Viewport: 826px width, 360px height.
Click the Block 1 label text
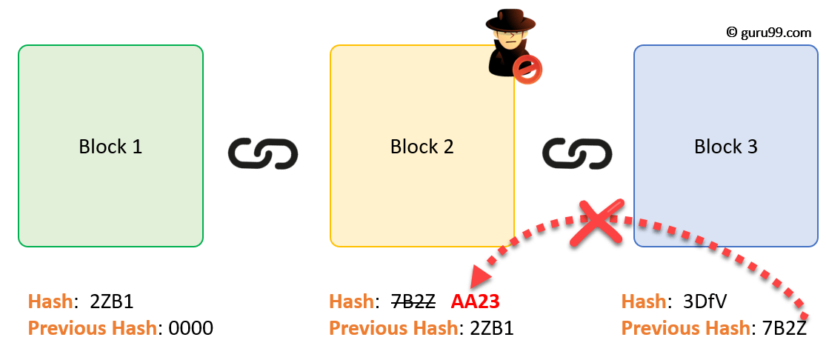click(110, 147)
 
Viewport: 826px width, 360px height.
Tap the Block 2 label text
click(422, 147)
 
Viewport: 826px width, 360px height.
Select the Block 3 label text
click(725, 147)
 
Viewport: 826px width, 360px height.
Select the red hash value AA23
click(475, 301)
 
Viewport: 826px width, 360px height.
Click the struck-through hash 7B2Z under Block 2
click(413, 301)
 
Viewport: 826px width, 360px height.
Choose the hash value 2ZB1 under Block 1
click(110, 301)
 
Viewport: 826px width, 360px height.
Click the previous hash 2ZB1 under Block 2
click(491, 328)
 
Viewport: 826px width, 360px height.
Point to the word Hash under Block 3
click(643, 301)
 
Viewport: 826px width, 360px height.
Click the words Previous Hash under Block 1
click(91, 328)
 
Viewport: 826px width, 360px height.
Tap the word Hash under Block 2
click(351, 301)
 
